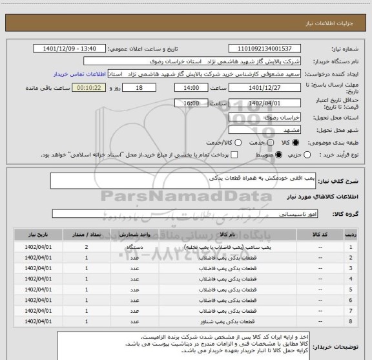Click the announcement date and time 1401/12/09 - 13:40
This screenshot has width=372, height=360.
click(73, 48)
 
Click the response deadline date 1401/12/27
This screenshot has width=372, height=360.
click(265, 89)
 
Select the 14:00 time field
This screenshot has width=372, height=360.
click(192, 89)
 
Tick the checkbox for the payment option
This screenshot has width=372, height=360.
click(234, 155)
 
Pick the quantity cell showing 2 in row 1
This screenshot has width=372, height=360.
click(86, 247)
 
